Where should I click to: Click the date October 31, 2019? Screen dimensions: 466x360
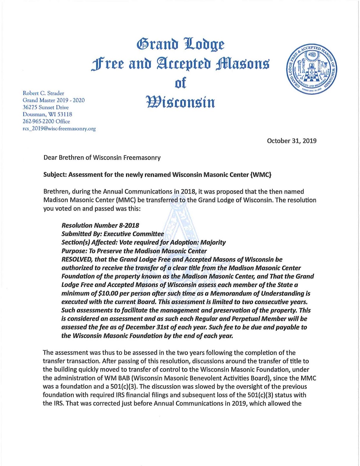tap(292, 141)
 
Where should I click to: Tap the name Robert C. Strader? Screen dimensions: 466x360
tap(43, 93)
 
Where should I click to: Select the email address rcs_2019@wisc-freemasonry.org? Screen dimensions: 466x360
tap(59, 129)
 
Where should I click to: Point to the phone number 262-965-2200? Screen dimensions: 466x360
tap(38, 121)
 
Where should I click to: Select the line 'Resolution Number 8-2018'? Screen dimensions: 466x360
tap(100, 225)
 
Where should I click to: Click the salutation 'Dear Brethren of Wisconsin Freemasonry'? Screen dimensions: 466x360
tap(102, 158)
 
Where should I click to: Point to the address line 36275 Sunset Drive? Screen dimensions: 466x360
tap(46, 107)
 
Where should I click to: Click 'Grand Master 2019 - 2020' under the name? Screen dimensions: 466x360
tap(54, 100)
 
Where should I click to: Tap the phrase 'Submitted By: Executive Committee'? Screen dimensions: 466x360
tap(113, 234)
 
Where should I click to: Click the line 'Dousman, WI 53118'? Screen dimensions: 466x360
tap(47, 114)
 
